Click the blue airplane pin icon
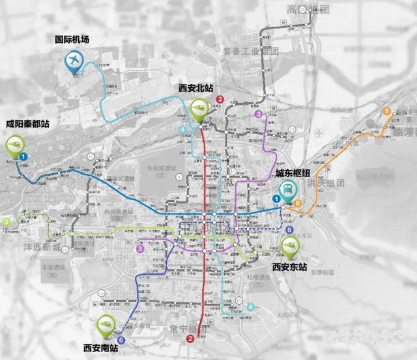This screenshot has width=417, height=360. pyautogui.click(x=74, y=61)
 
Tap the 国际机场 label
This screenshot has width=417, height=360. pyautogui.click(x=72, y=40)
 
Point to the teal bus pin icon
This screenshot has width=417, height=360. pyautogui.click(x=287, y=191)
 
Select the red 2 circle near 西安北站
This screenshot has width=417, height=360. pyautogui.click(x=220, y=100)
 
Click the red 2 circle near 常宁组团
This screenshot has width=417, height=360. pyautogui.click(x=190, y=339)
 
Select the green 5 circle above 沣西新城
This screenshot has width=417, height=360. pyautogui.click(x=7, y=223)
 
